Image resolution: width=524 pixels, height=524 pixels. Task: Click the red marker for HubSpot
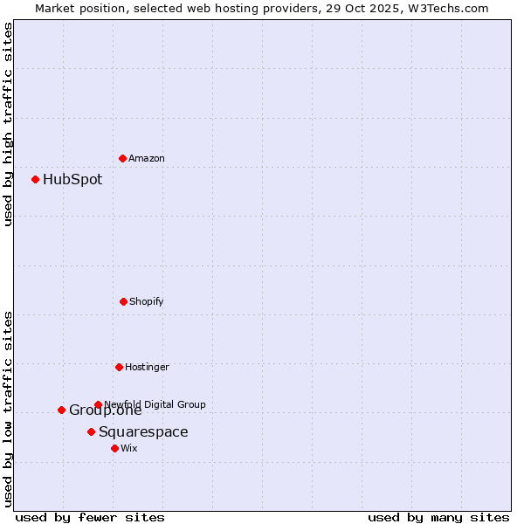pyautogui.click(x=36, y=179)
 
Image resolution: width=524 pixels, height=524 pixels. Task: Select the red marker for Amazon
pyautogui.click(x=122, y=158)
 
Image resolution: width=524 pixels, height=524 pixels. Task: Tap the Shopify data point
pyautogui.click(x=123, y=301)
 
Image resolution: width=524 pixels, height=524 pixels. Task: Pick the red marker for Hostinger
pyautogui.click(x=119, y=367)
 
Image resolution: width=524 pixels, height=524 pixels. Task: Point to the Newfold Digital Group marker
pyautogui.click(x=98, y=404)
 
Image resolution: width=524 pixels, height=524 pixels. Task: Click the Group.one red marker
pyautogui.click(x=61, y=410)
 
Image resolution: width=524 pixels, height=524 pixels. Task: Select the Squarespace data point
pyautogui.click(x=91, y=431)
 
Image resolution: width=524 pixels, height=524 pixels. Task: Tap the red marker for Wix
pyautogui.click(x=114, y=448)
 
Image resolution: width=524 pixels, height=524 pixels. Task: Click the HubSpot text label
pyautogui.click(x=72, y=180)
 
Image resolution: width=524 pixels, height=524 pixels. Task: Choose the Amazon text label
pyautogui.click(x=147, y=159)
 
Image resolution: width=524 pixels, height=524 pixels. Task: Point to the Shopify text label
pyautogui.click(x=147, y=302)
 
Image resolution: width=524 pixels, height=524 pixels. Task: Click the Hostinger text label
pyautogui.click(x=147, y=368)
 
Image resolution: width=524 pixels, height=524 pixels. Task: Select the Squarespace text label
pyautogui.click(x=143, y=432)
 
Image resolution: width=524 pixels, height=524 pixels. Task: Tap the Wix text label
pyautogui.click(x=129, y=449)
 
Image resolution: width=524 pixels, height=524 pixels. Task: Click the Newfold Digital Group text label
pyautogui.click(x=155, y=404)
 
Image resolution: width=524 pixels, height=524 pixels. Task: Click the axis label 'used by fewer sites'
pyautogui.click(x=90, y=518)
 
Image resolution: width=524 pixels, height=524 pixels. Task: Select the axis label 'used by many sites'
pyautogui.click(x=438, y=518)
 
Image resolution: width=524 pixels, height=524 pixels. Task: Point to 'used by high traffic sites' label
pyautogui.click(x=8, y=124)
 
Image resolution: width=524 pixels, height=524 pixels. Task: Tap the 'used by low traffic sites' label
pyautogui.click(x=8, y=409)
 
